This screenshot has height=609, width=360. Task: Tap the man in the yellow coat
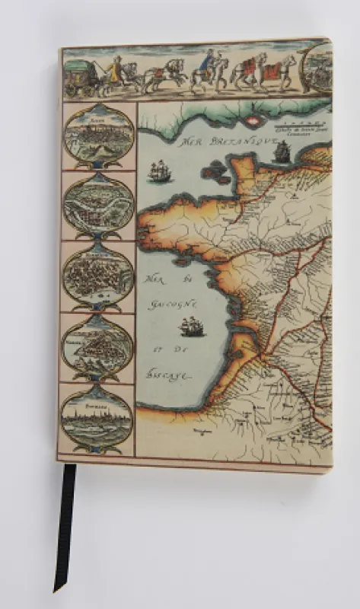coord(114,72)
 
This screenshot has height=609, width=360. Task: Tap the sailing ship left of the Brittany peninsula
coord(159,171)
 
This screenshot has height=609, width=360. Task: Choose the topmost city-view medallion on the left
coord(97,136)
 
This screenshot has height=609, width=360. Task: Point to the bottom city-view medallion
coord(97,418)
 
